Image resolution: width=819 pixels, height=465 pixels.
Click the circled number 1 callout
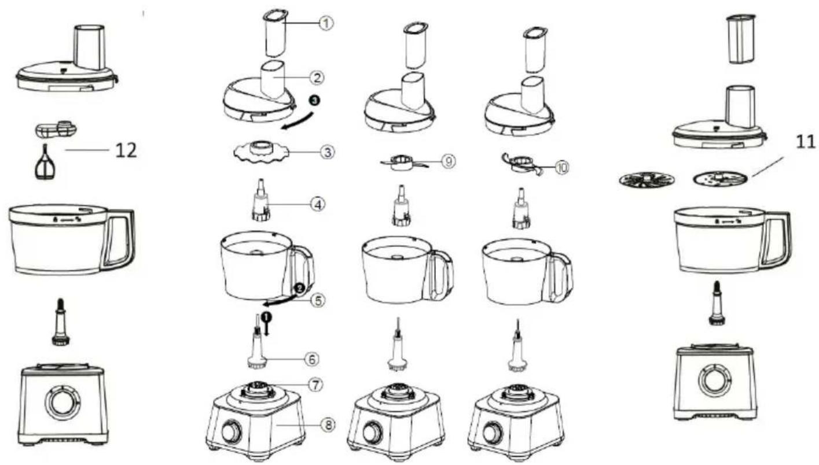pos(326,23)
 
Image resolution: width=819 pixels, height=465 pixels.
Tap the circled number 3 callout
pos(327,152)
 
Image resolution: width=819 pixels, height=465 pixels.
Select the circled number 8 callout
pos(328,425)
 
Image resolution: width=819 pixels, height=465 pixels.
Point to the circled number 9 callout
pos(448,161)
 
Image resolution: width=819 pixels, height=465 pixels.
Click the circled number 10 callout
pos(562,167)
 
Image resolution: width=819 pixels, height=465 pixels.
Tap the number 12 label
pos(126,150)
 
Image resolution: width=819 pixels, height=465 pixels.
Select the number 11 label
pos(806,141)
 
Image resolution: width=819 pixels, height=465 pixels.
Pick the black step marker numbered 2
pos(299,289)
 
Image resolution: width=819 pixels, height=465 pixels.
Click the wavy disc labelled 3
pos(260,153)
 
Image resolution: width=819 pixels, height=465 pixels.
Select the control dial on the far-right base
pos(714,380)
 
